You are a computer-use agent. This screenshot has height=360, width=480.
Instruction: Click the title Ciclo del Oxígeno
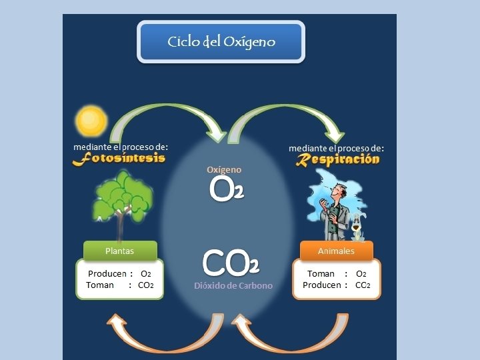[x=221, y=42]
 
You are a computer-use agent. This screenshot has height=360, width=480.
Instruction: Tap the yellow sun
[x=91, y=121]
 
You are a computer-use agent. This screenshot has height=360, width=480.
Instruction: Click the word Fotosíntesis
[x=119, y=159]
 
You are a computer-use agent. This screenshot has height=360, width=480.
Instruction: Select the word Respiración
[x=338, y=159]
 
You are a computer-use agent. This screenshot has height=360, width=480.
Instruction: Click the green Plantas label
[x=120, y=251]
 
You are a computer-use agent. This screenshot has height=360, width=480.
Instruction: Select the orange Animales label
[x=336, y=251]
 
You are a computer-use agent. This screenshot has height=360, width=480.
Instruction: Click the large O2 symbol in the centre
[x=226, y=189]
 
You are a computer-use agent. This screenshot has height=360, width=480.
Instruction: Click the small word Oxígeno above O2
[x=224, y=170]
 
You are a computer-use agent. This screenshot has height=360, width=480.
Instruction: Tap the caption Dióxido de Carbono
[x=233, y=286]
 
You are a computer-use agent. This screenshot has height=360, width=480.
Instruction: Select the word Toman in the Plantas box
[x=100, y=285]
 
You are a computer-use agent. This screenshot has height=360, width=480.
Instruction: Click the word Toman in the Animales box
[x=321, y=274]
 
